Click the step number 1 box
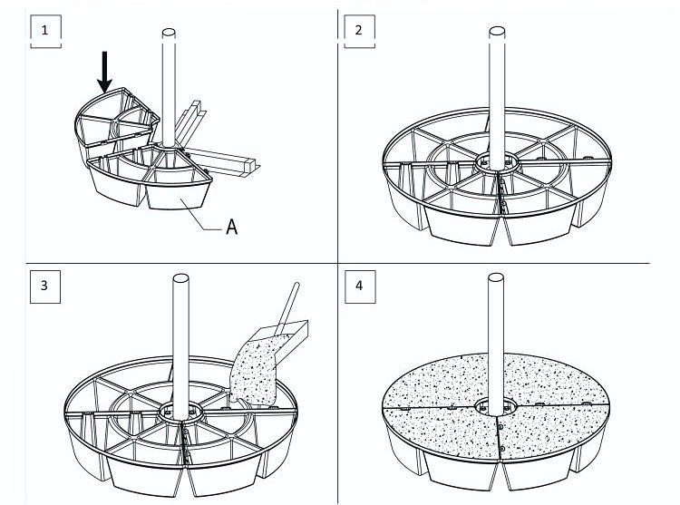point(45,30)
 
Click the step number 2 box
point(359,30)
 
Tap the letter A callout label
point(232,228)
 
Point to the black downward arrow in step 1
point(104,73)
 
